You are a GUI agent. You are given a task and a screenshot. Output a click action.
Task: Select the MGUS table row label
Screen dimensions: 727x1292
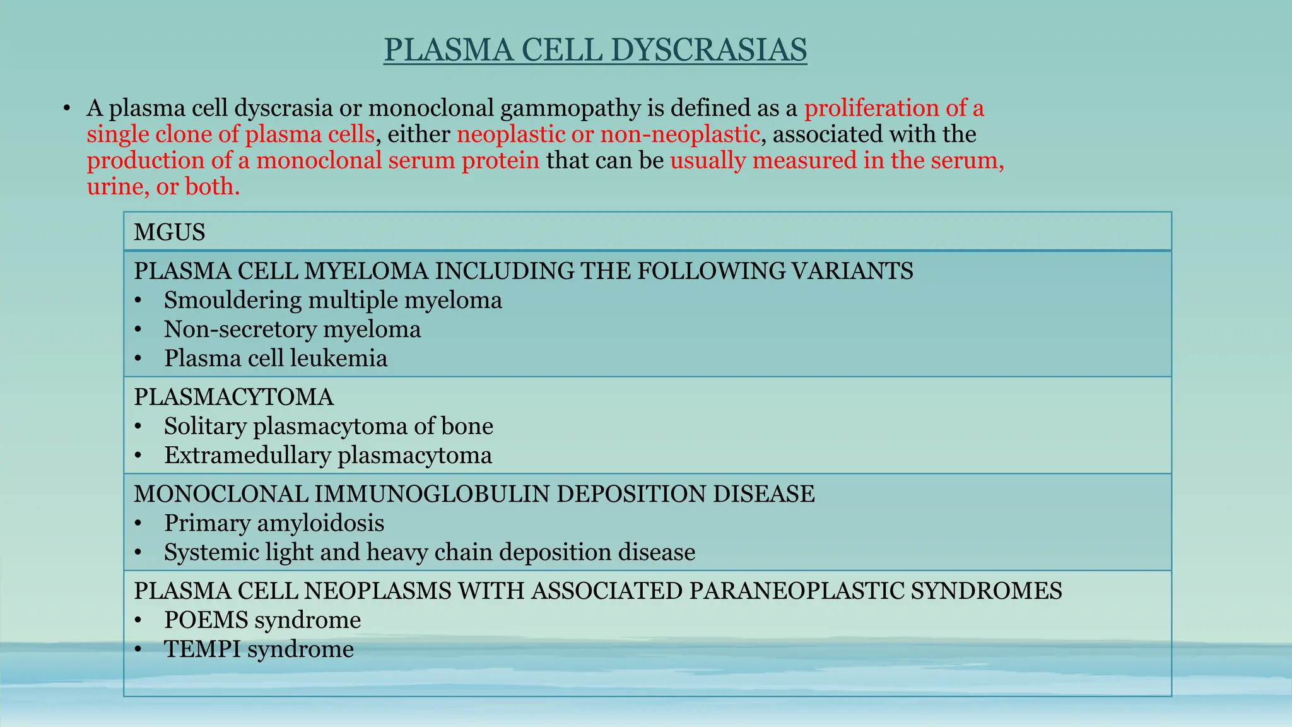click(x=170, y=232)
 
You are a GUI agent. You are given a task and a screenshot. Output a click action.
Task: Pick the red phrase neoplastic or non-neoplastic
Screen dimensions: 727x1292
click(x=608, y=134)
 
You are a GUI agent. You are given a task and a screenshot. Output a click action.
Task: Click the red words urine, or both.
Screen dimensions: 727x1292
click(x=163, y=187)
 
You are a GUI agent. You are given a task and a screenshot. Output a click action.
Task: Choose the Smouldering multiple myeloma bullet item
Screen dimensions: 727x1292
click(x=332, y=300)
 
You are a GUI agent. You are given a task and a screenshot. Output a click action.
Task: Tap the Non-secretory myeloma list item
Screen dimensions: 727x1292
click(x=292, y=329)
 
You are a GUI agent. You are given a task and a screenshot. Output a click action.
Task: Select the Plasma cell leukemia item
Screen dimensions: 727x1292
click(x=276, y=358)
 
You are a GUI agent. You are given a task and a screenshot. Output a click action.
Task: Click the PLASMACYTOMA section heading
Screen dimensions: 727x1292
click(x=233, y=397)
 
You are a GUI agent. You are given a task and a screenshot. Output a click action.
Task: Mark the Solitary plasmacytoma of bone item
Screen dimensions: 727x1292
click(x=328, y=426)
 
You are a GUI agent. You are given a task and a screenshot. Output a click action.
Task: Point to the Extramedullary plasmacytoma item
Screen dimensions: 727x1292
click(x=327, y=456)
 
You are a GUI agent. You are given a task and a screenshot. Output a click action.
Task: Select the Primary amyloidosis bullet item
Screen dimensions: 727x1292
click(x=274, y=523)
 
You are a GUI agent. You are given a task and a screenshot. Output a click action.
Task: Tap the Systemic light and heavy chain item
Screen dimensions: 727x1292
click(x=429, y=552)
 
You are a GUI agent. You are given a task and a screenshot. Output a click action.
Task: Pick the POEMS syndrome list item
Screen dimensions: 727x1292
click(x=262, y=620)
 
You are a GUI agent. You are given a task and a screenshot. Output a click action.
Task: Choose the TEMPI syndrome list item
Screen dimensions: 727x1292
click(x=259, y=649)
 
